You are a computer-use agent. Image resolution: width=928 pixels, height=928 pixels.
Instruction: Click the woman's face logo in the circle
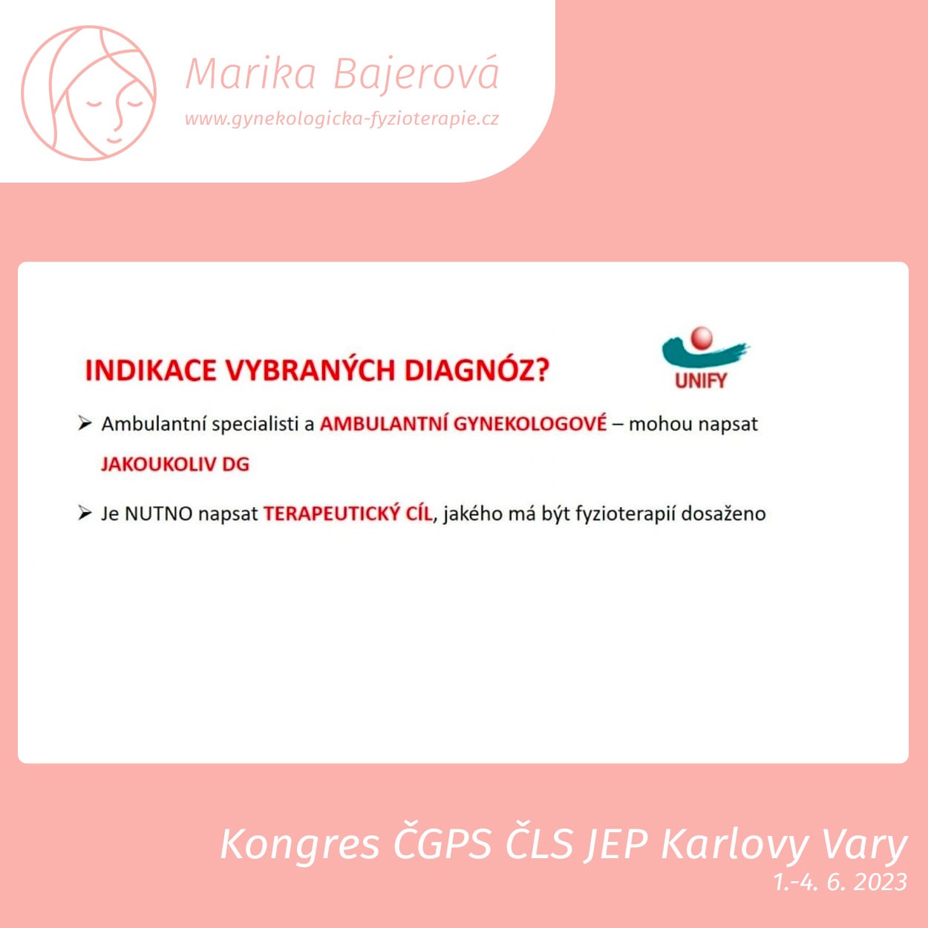click(x=88, y=93)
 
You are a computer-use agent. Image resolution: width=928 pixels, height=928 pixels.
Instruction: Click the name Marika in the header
click(x=250, y=74)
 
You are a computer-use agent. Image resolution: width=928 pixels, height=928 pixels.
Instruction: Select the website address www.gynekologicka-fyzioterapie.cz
click(x=342, y=119)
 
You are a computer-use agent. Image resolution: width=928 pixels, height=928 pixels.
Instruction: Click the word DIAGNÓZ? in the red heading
click(x=477, y=370)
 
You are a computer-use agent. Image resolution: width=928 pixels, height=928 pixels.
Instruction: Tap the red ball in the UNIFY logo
click(x=701, y=338)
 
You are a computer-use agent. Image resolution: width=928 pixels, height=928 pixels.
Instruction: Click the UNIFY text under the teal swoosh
click(x=701, y=381)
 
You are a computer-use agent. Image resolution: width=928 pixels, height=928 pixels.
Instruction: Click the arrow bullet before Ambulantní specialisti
click(x=85, y=424)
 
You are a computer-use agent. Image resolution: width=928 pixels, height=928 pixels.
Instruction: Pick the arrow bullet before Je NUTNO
click(x=85, y=513)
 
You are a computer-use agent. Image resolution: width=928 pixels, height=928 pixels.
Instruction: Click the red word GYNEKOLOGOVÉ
click(x=530, y=423)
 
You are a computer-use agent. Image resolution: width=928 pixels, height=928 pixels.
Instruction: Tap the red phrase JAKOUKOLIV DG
click(x=175, y=464)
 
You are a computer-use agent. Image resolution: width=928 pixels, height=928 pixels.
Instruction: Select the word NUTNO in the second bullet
click(x=158, y=514)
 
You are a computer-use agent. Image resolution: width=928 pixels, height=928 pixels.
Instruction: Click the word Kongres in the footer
click(x=300, y=844)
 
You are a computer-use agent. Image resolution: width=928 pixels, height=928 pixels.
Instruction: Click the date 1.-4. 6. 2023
click(x=840, y=882)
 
